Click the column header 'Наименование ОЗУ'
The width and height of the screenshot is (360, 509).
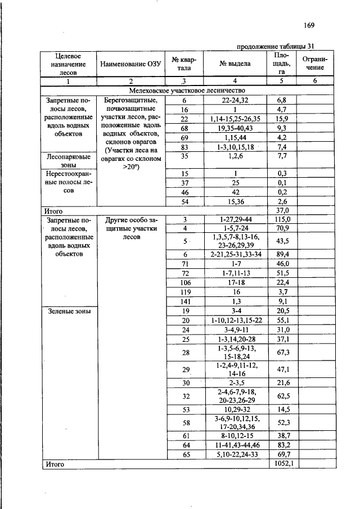130,64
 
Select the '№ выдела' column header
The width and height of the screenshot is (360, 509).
235,64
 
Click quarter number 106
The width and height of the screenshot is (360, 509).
184,282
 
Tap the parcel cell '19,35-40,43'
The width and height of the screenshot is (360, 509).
235,128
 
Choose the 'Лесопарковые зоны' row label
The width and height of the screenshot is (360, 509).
68,162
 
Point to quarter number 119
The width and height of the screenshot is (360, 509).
184,291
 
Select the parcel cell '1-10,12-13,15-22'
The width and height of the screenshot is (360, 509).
235,319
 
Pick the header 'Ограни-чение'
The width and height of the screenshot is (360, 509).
315,64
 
